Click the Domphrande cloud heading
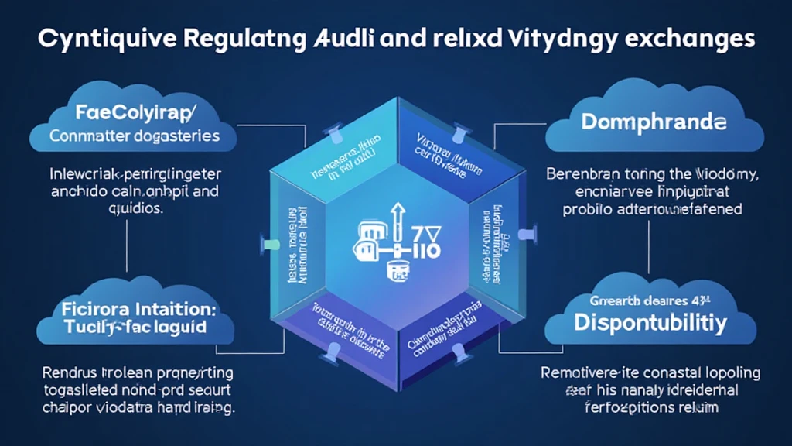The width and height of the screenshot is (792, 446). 654,123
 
